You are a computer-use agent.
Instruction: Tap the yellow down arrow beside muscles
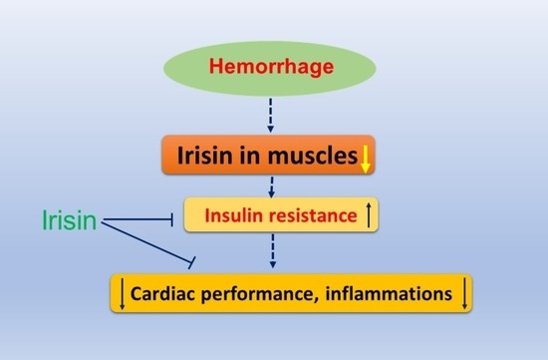pos(366,158)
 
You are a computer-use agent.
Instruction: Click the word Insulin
pos(232,214)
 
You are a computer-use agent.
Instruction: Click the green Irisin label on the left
pos(71,219)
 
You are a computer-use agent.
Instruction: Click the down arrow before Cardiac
pos(123,293)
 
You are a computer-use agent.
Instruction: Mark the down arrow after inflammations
pos(462,293)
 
